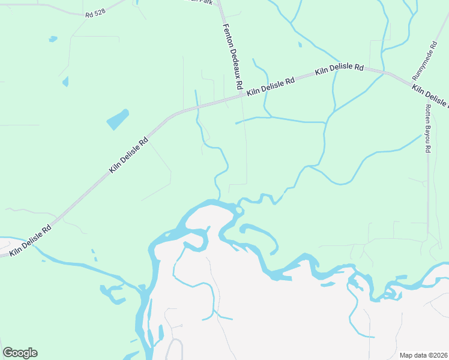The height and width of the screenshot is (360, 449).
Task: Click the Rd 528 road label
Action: [x=95, y=14]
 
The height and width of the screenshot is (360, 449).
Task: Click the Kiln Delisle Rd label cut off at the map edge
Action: [x=430, y=96]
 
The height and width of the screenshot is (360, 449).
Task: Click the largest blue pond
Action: [x=118, y=119]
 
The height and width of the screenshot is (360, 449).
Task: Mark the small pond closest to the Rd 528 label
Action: [x=53, y=39]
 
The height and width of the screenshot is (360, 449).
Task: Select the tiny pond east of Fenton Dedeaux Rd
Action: [x=300, y=44]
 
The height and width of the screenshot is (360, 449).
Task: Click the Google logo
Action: [x=20, y=353]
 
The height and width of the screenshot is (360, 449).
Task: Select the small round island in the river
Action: [x=240, y=210]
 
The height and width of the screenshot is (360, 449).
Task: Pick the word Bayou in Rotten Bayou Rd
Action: [x=428, y=128]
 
